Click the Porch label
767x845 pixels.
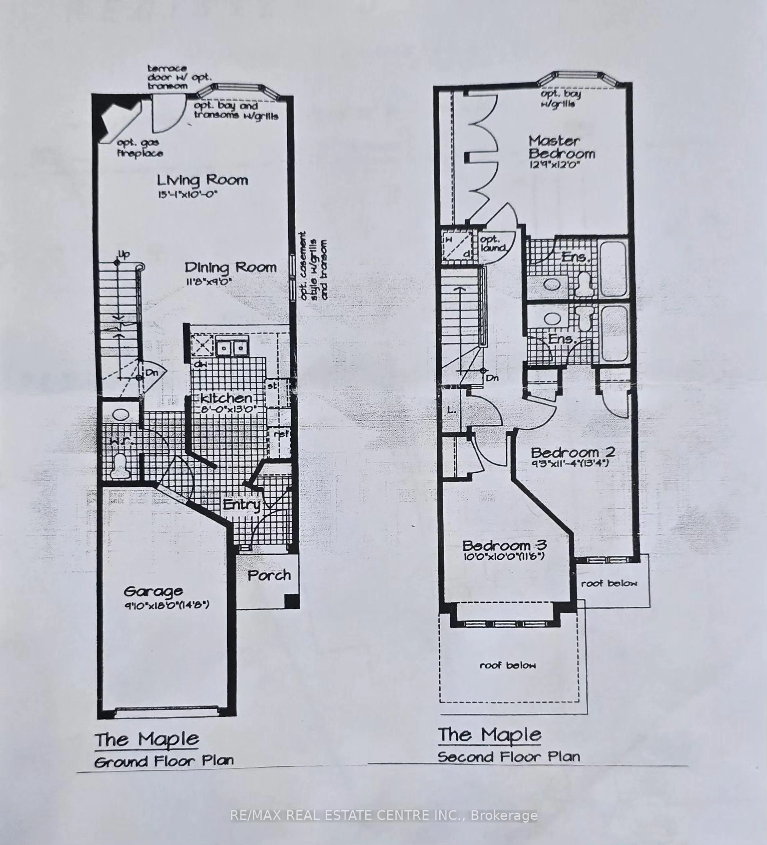click(269, 576)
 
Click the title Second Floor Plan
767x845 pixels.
click(509, 757)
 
